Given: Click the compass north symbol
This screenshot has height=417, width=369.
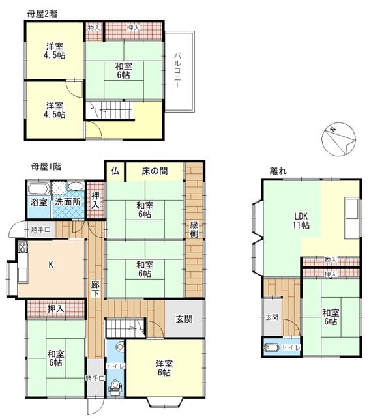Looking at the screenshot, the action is click(x=338, y=139).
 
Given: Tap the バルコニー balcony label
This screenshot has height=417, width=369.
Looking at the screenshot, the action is click(x=177, y=71).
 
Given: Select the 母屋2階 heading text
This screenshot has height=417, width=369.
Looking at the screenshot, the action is click(x=42, y=14).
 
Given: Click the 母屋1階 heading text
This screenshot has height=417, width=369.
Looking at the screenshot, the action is click(x=46, y=167).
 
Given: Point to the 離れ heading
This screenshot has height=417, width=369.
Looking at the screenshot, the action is click(x=278, y=171).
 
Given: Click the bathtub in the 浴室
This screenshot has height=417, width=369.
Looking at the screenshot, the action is click(x=39, y=189).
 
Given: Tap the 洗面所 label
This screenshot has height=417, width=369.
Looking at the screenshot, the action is click(x=68, y=202).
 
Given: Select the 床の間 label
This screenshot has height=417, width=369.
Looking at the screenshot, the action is click(x=155, y=171).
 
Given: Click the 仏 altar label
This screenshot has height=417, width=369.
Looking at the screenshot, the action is click(x=115, y=171).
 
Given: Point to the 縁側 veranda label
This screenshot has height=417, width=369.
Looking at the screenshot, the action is click(x=194, y=229).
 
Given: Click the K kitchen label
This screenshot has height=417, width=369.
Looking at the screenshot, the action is click(x=51, y=265).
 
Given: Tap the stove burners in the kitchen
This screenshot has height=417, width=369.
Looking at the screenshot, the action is click(x=23, y=247).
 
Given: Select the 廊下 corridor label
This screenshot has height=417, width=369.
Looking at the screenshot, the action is click(x=95, y=289).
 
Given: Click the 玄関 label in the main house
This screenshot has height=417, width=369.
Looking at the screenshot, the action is click(x=184, y=319).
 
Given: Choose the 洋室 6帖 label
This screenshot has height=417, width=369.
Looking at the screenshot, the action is click(x=164, y=367).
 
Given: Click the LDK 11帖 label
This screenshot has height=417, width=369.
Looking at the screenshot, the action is click(x=301, y=220).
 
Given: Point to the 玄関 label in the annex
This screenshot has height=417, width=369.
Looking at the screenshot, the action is click(x=272, y=317).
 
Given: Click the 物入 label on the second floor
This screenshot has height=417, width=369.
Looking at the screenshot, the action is click(x=94, y=27).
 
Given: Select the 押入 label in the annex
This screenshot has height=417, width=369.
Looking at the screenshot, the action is click(x=331, y=274).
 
